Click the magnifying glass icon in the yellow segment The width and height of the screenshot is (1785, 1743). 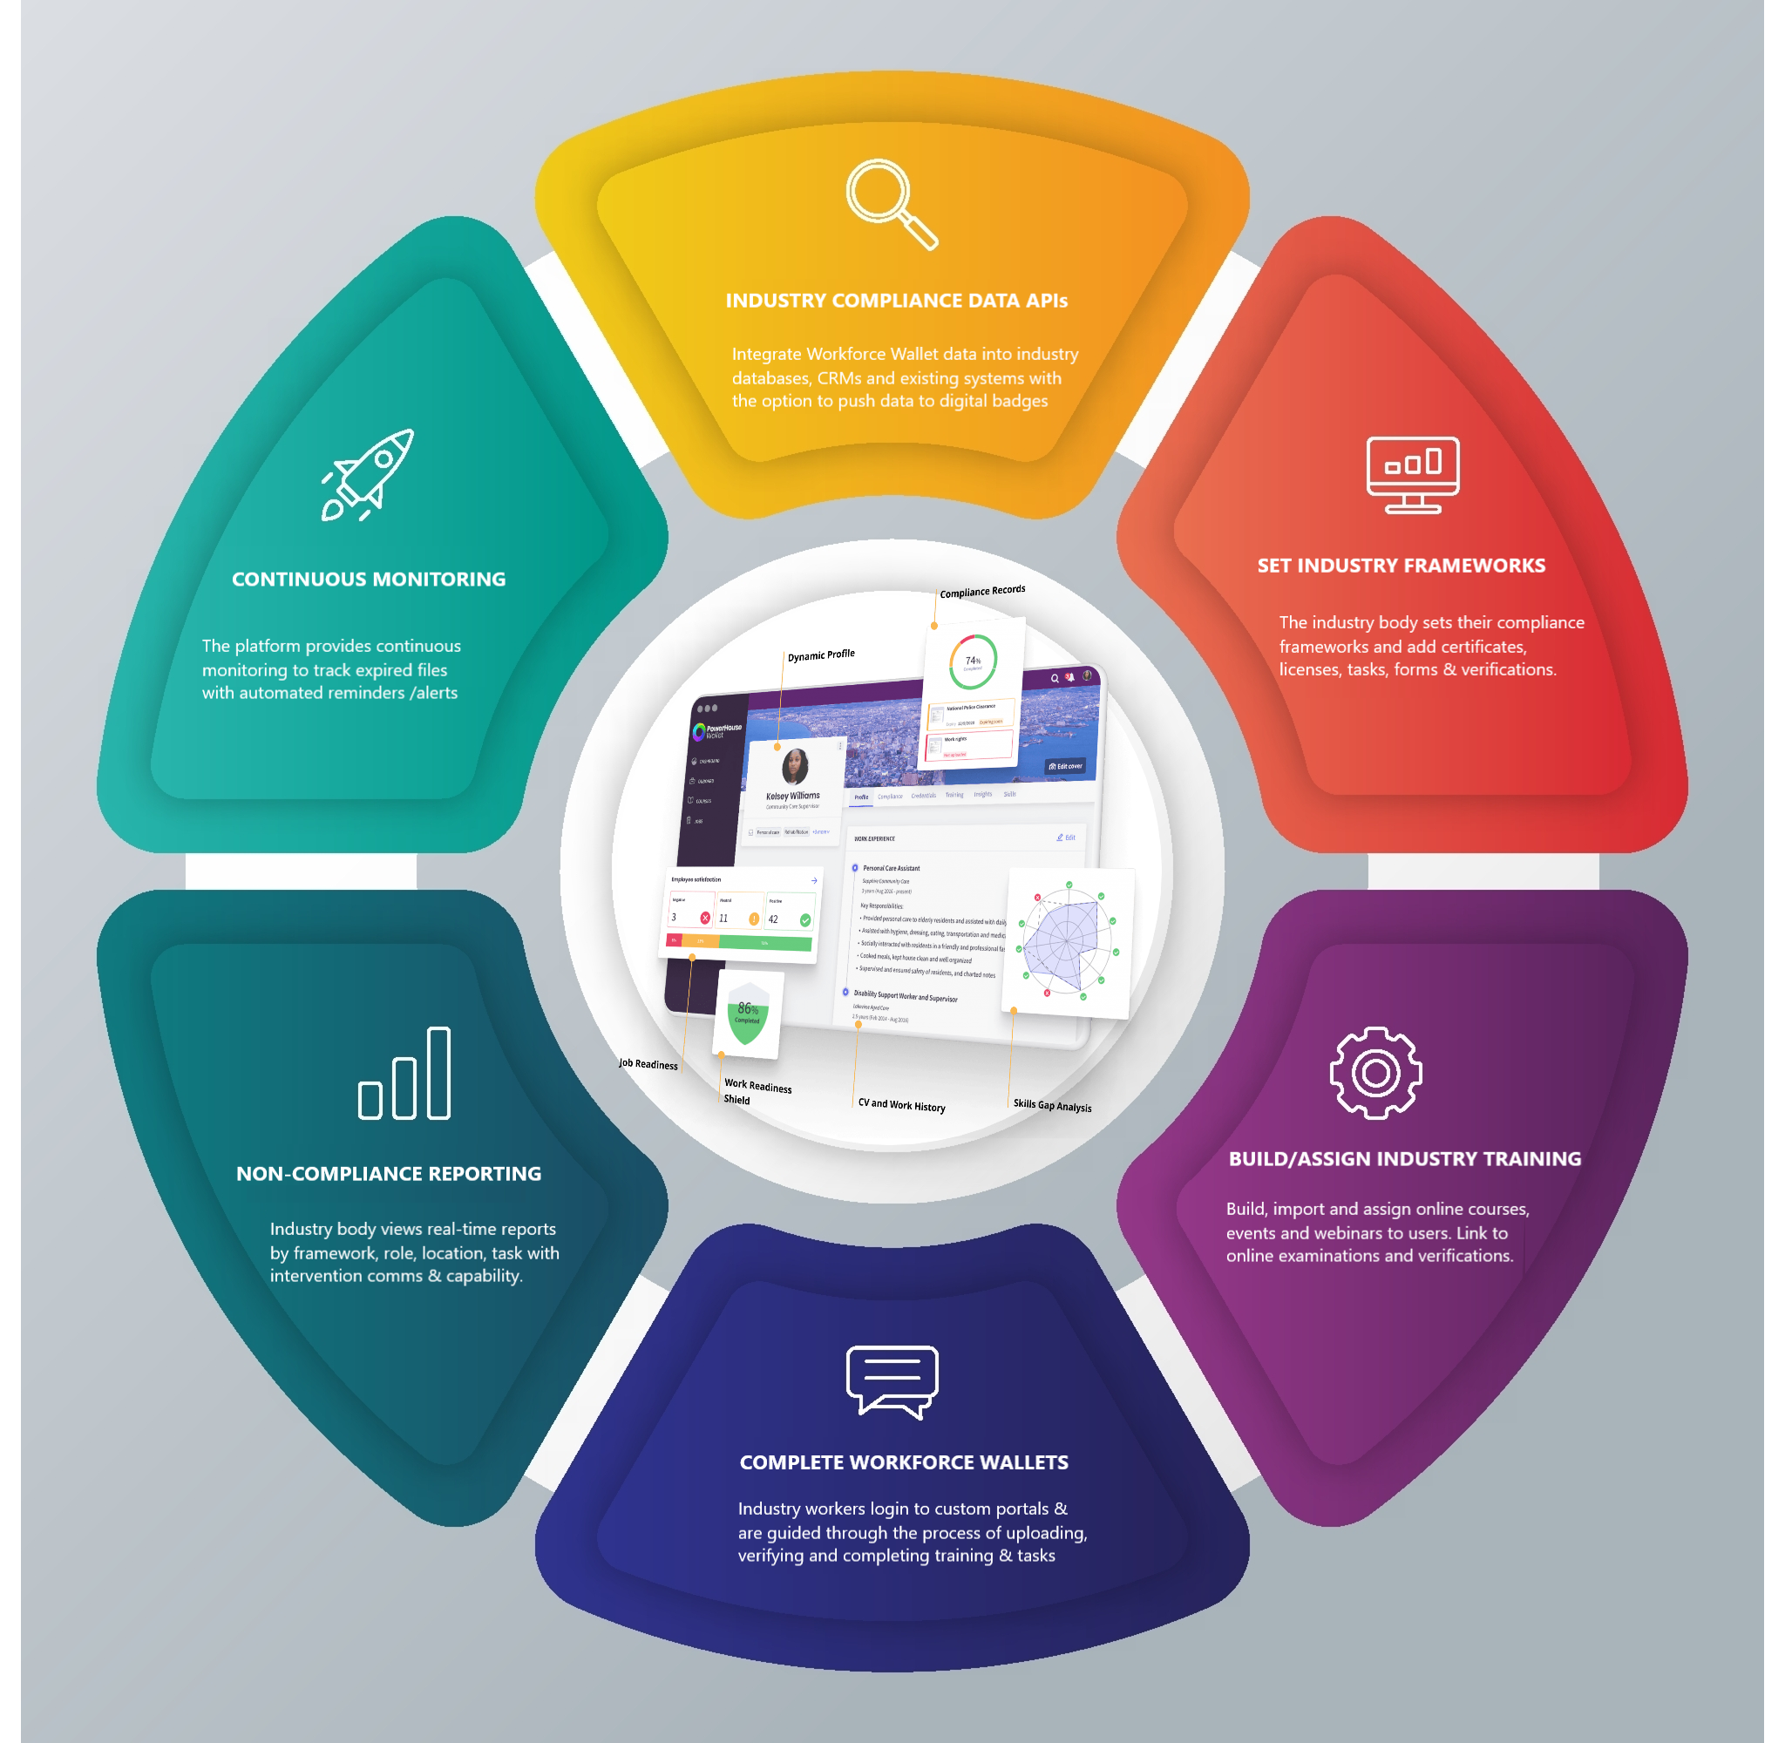(x=891, y=203)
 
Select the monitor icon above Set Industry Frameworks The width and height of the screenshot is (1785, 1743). (x=1413, y=474)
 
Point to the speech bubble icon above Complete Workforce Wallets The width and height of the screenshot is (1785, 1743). (x=892, y=1381)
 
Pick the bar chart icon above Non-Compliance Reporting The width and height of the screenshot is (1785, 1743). (x=404, y=1073)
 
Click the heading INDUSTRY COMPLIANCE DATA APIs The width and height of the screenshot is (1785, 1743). (x=896, y=301)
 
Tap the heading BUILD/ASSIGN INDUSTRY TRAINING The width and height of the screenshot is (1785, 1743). (x=1404, y=1158)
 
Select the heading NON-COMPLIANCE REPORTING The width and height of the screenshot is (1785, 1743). (x=388, y=1173)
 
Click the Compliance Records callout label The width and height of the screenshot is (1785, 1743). (x=982, y=592)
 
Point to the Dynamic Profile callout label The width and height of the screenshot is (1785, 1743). (x=821, y=654)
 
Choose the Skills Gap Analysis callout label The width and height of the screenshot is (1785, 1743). (x=1052, y=1105)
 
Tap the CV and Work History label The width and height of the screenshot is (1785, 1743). (x=902, y=1105)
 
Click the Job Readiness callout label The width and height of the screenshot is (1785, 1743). (x=648, y=1064)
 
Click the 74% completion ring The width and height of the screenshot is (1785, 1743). (x=972, y=661)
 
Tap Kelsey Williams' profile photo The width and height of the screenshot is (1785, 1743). (x=795, y=766)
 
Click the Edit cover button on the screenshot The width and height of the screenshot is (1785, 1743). (x=1064, y=766)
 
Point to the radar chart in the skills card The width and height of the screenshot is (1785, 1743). (x=1067, y=941)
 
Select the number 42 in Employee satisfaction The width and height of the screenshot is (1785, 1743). (x=773, y=919)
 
